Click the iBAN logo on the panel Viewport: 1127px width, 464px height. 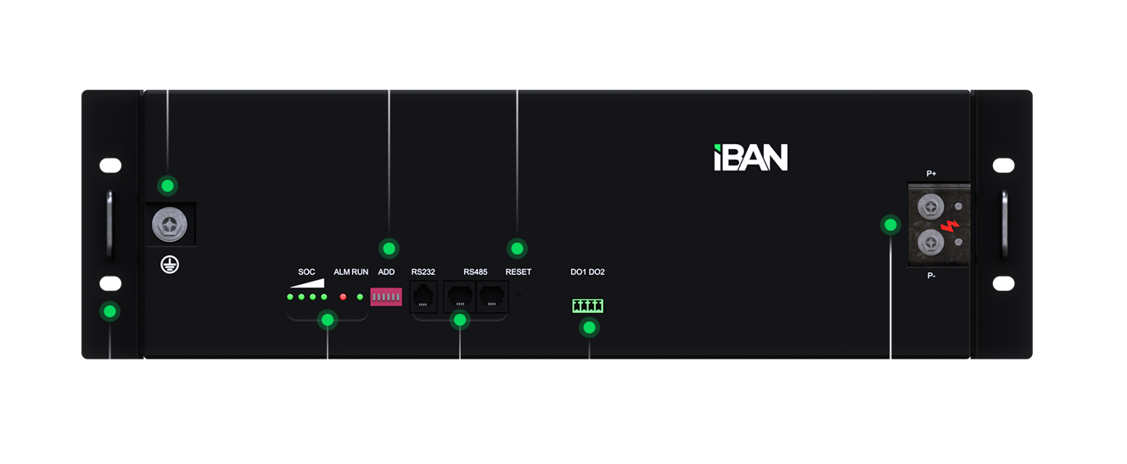(750, 158)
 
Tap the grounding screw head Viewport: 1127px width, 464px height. (167, 225)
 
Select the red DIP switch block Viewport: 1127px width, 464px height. (386, 297)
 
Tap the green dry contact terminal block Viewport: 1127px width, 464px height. (588, 305)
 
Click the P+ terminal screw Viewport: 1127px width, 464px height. (931, 204)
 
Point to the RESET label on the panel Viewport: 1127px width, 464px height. (518, 272)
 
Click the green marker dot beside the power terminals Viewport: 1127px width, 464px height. (890, 225)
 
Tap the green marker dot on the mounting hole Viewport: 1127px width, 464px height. (109, 311)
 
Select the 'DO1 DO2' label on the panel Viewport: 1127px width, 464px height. (587, 272)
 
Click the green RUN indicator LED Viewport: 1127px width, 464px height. (361, 297)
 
